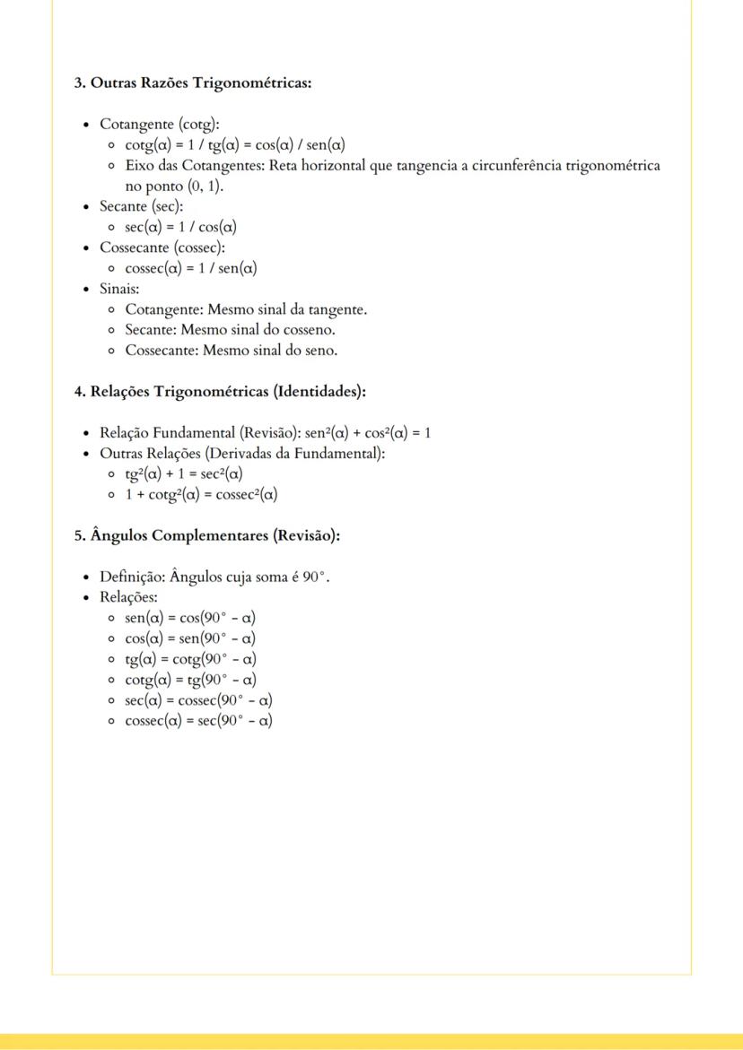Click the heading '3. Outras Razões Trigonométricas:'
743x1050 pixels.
(x=192, y=83)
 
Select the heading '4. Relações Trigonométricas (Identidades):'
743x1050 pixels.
(x=220, y=391)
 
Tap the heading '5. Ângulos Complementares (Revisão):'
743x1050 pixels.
(x=206, y=535)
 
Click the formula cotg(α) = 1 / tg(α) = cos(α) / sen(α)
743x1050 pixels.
(x=235, y=145)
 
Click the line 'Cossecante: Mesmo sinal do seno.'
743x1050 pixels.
(x=231, y=351)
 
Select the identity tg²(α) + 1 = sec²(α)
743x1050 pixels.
(x=184, y=473)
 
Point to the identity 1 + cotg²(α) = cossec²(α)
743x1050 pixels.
(x=201, y=494)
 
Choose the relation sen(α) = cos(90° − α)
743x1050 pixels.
(x=190, y=618)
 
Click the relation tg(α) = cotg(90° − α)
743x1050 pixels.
(x=190, y=659)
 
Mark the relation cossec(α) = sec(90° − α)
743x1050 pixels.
(x=198, y=721)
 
